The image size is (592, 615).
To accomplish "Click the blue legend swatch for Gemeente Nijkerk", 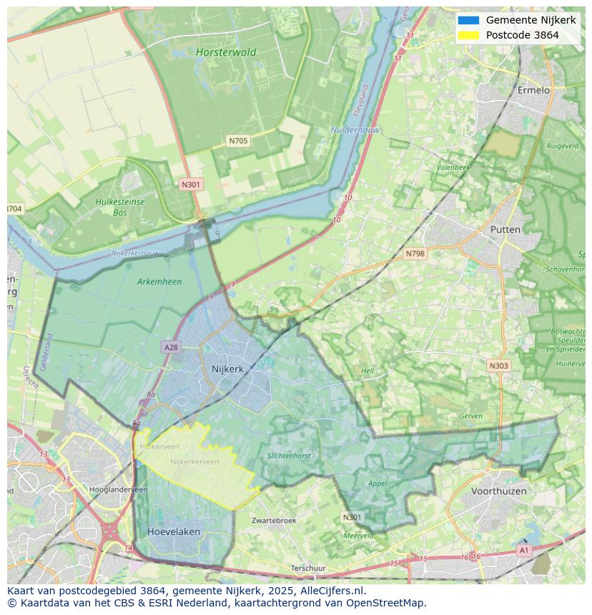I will [x=468, y=20].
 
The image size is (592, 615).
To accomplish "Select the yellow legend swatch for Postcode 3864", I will [x=468, y=35].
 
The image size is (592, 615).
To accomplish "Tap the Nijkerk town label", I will [x=227, y=369].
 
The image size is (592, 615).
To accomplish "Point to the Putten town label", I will [x=505, y=229].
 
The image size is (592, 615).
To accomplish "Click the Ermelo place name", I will [x=533, y=90].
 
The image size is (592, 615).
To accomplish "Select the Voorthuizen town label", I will [x=498, y=491].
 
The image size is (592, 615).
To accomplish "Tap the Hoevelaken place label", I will [x=174, y=532].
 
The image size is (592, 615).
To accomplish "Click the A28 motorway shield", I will [x=171, y=347].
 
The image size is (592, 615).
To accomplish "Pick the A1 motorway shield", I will [x=524, y=551].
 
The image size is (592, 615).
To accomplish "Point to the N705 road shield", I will [x=238, y=141].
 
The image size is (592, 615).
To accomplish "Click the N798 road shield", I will [x=415, y=254].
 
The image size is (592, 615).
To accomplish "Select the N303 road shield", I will [x=498, y=366].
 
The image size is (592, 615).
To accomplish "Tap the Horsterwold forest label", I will [x=226, y=52].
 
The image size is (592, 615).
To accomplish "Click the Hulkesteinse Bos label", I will [x=119, y=207].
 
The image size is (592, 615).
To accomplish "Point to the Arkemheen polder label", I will [x=159, y=281].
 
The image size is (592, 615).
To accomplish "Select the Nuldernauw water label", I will [x=355, y=130].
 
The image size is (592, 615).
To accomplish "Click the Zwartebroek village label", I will [x=274, y=521].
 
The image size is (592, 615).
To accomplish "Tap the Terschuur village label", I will [x=307, y=569].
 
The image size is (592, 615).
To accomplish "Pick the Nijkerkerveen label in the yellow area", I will [x=194, y=462].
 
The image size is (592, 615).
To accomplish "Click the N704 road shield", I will [x=14, y=209].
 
